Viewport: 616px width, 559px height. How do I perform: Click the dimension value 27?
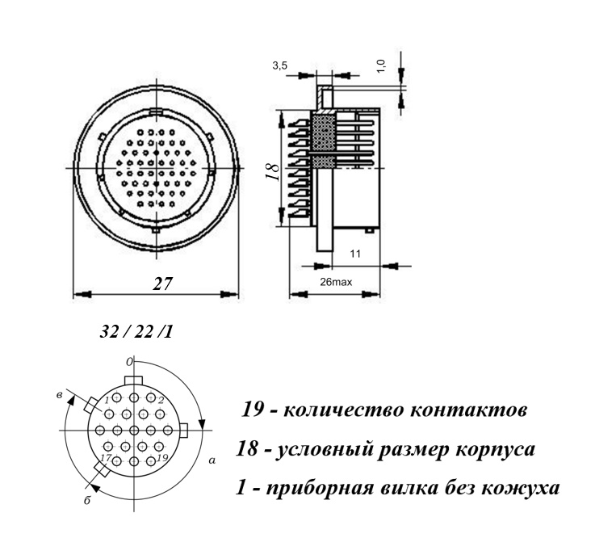tap(162, 283)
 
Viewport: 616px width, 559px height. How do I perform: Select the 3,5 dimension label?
tap(279, 65)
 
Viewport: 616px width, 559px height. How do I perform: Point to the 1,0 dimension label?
tap(381, 65)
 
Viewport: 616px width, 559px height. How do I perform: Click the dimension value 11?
tap(355, 254)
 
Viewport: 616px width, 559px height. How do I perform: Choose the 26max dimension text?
tap(336, 282)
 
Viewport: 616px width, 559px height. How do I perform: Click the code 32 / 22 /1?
tap(136, 332)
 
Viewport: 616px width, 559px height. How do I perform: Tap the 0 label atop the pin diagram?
tap(130, 362)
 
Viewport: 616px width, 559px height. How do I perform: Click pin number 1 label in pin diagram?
tap(107, 400)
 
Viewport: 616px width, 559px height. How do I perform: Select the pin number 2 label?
tap(161, 401)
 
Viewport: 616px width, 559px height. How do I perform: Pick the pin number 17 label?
tap(106, 457)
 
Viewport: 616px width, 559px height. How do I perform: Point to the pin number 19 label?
tap(162, 457)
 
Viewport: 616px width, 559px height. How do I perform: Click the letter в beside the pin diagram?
tap(59, 394)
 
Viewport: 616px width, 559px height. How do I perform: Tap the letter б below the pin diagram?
tap(87, 500)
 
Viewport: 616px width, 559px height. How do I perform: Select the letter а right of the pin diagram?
tap(212, 460)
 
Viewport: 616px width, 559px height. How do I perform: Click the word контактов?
tap(468, 410)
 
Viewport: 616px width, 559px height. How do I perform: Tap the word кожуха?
tap(520, 489)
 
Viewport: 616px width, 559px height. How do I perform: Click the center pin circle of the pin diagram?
tap(134, 430)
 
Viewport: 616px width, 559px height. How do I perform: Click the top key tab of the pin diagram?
tap(133, 380)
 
